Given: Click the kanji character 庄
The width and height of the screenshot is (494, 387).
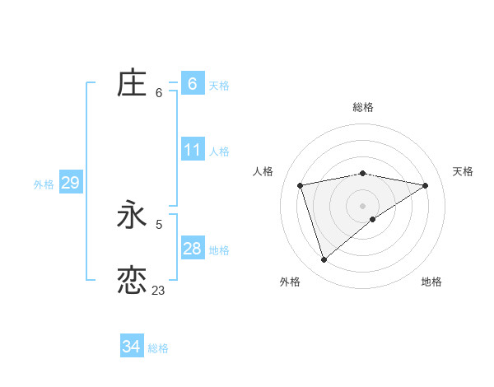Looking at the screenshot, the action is coord(132,83).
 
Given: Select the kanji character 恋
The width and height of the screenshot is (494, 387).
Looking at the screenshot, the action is coord(132,280).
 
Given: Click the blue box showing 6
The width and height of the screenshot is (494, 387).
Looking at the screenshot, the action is coord(192,83).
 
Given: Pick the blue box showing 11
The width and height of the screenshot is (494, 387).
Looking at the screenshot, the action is coord(192,150).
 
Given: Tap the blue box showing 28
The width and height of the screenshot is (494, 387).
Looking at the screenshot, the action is coord(192,249).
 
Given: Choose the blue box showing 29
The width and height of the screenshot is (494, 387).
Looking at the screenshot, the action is coord(70,183).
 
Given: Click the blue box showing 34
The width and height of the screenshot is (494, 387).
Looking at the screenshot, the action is coord(131,347).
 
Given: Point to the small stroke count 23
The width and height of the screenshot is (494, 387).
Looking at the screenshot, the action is coord(158,290).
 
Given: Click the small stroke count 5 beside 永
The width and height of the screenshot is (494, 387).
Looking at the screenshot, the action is coord(159,223).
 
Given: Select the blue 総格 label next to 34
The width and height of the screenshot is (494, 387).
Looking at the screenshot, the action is coord(158,348).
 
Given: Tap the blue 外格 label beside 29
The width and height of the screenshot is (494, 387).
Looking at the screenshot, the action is coord(44,184).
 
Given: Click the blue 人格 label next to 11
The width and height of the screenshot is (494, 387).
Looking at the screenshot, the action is coord(219,152).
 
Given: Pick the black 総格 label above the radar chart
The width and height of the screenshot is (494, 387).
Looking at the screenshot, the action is coord(362,107).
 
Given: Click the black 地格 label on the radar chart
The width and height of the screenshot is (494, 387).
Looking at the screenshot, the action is coord(431,282).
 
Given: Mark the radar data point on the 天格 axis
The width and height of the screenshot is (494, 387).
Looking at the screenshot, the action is coord(425,185).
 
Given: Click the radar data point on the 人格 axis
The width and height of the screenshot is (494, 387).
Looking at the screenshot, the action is coord(301,185).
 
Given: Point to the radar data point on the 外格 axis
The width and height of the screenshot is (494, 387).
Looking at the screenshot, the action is coord(324,260).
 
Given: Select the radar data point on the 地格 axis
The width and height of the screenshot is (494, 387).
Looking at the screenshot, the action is coord(373,219).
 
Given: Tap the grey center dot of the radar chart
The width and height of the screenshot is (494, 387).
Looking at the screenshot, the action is coord(362,205).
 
